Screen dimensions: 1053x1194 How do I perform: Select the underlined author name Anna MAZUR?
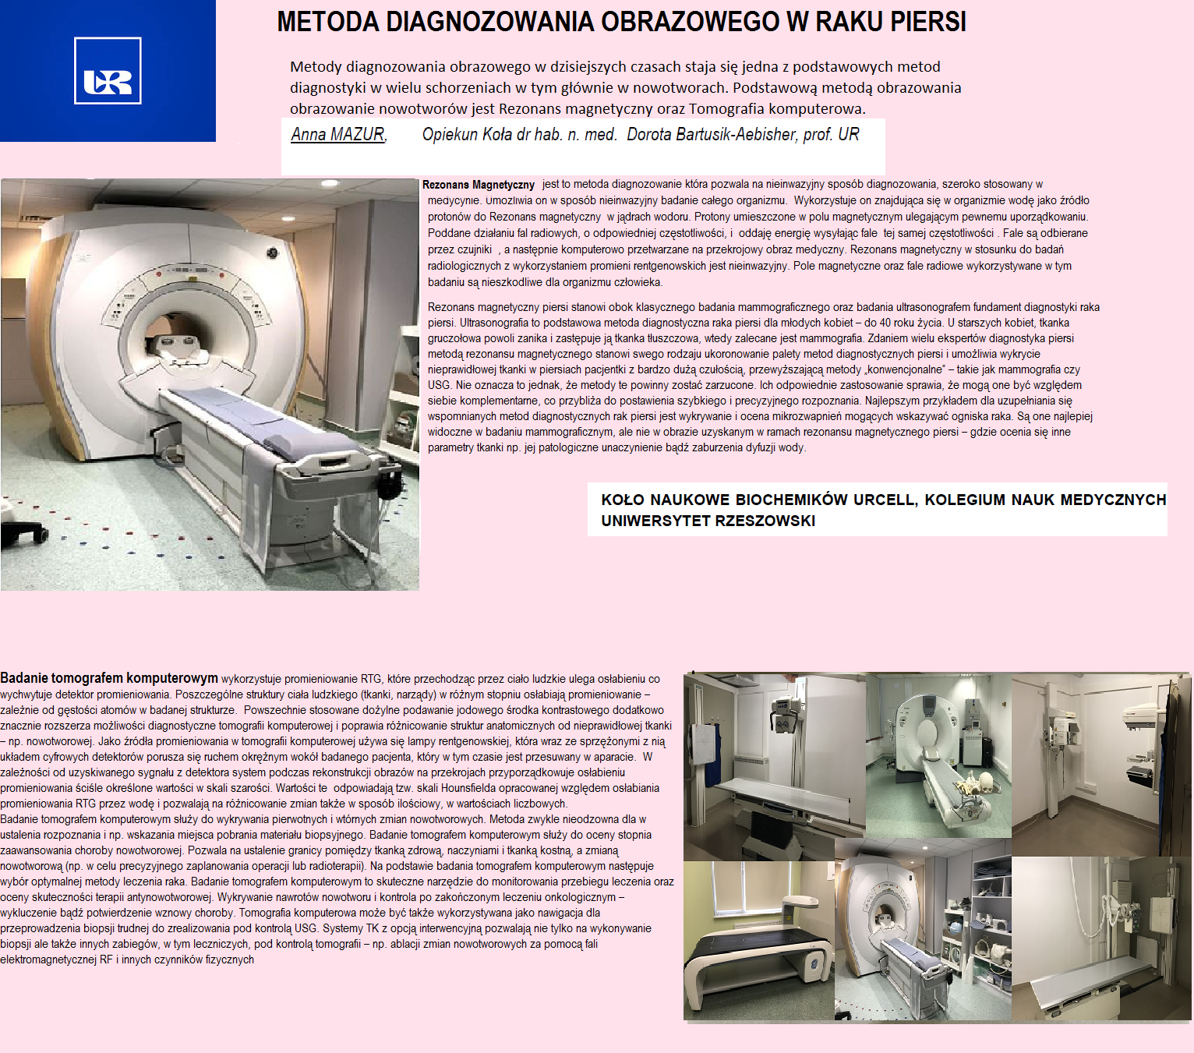(x=338, y=135)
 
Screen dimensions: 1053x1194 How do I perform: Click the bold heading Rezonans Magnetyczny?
(x=479, y=185)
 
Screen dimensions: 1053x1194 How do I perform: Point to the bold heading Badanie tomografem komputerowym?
(x=109, y=678)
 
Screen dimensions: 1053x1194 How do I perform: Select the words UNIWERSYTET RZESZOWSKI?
(x=708, y=521)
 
